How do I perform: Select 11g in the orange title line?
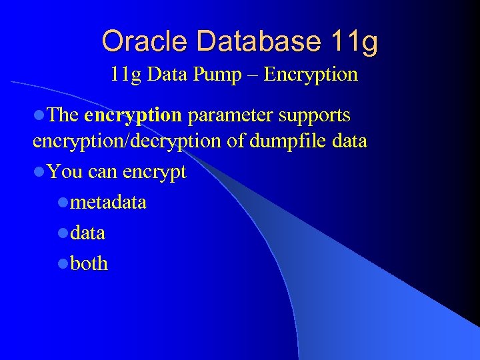point(354,41)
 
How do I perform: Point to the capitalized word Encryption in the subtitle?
point(311,74)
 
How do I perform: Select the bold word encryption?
point(133,115)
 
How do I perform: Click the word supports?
point(315,115)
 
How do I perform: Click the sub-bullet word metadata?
point(108,202)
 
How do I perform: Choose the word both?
point(89,264)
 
